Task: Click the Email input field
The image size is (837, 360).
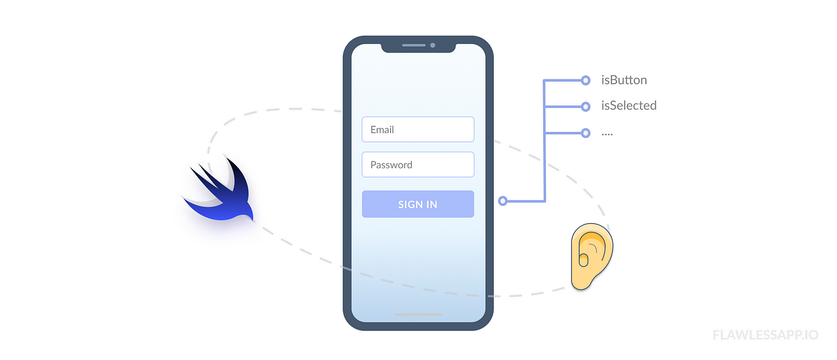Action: tap(418, 129)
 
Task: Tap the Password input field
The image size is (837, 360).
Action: tap(418, 165)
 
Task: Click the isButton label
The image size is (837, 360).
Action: tap(624, 80)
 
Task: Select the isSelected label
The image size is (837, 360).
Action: tap(629, 105)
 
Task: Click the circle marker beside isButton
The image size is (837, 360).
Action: tap(586, 80)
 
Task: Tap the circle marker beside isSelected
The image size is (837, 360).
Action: tap(586, 106)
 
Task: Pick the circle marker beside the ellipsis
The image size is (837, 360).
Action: tap(586, 133)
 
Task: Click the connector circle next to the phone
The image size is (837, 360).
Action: tap(503, 201)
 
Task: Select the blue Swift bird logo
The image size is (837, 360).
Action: tap(222, 191)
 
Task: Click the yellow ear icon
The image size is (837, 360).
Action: tap(592, 256)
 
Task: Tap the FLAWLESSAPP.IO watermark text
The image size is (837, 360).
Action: tap(766, 335)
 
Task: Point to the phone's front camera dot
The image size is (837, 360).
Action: tap(433, 45)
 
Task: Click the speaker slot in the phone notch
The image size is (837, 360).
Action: tap(414, 45)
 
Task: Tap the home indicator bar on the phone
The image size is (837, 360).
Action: tap(418, 314)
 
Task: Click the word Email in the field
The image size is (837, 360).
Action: tap(382, 129)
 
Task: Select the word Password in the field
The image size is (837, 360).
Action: tap(391, 165)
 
